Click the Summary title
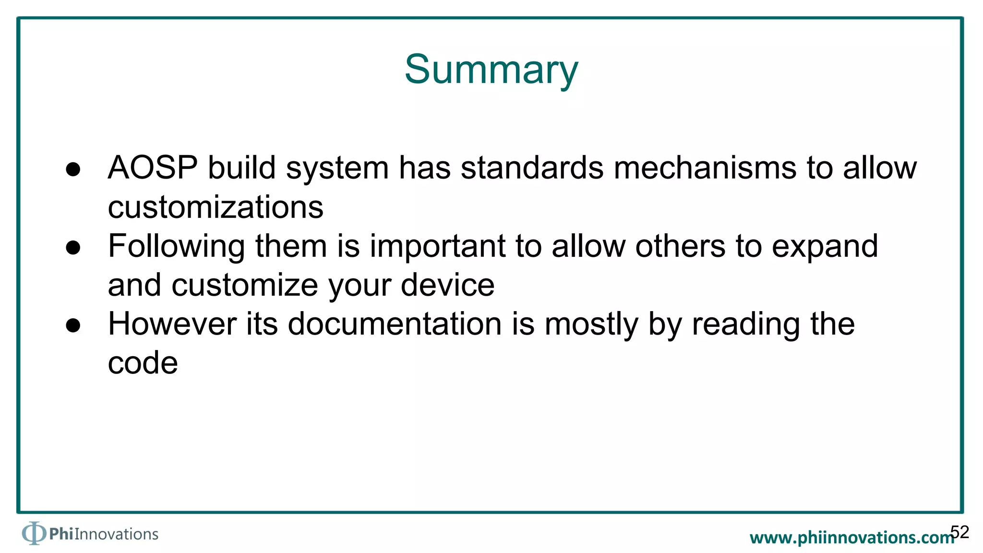click(x=491, y=70)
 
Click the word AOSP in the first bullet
click(x=153, y=168)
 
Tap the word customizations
click(x=216, y=207)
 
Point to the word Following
click(x=176, y=247)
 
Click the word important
click(x=438, y=246)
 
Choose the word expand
click(x=825, y=247)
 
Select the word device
click(x=447, y=285)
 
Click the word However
click(x=172, y=324)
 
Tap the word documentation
click(x=395, y=324)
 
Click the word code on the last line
click(x=143, y=363)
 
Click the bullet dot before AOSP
click(x=73, y=169)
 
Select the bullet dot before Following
click(x=73, y=248)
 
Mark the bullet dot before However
click(x=73, y=325)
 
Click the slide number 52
click(x=959, y=532)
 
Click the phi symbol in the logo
click(x=33, y=533)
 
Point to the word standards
click(x=532, y=168)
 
